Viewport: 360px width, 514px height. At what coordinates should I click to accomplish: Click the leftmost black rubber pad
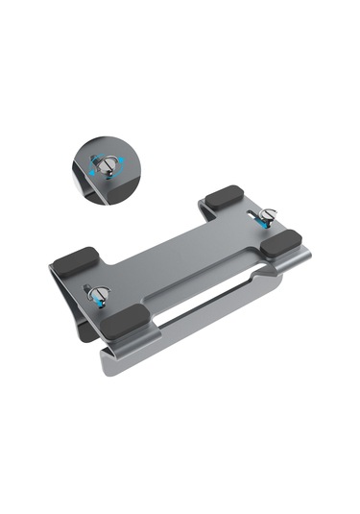74,262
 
